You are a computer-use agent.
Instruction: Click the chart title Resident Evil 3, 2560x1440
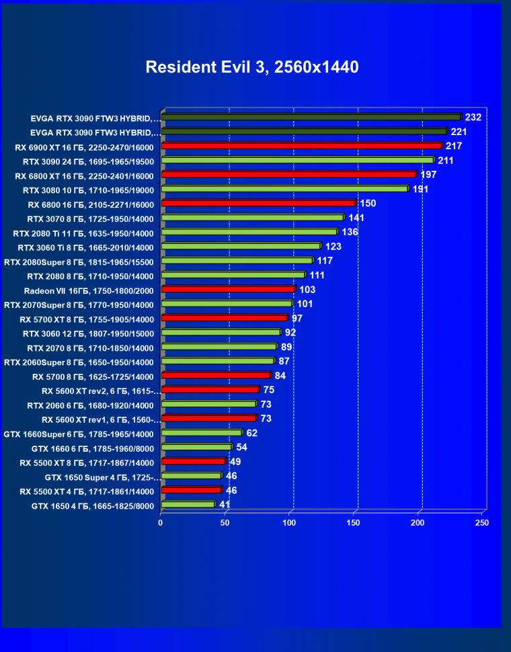[x=252, y=67]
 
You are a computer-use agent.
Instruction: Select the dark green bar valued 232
[x=311, y=117]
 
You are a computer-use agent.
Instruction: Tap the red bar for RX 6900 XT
[x=301, y=146]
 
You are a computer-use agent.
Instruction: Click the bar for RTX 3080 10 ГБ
[x=284, y=189]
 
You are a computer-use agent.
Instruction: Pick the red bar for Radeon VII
[x=228, y=289]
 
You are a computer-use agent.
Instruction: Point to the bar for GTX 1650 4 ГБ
[x=188, y=504]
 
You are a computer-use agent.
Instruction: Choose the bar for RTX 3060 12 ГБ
[x=221, y=332]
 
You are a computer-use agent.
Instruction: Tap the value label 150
[x=367, y=203]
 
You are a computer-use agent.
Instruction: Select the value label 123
[x=333, y=247]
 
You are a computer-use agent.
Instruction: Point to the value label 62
[x=251, y=433]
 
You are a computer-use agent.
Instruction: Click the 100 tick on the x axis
[x=289, y=522]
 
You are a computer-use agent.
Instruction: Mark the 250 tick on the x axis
[x=481, y=522]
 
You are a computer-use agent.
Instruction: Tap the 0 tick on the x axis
[x=161, y=522]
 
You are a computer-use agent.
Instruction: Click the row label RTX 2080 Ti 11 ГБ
[x=84, y=233]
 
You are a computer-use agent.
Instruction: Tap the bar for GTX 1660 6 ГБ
[x=196, y=447]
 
